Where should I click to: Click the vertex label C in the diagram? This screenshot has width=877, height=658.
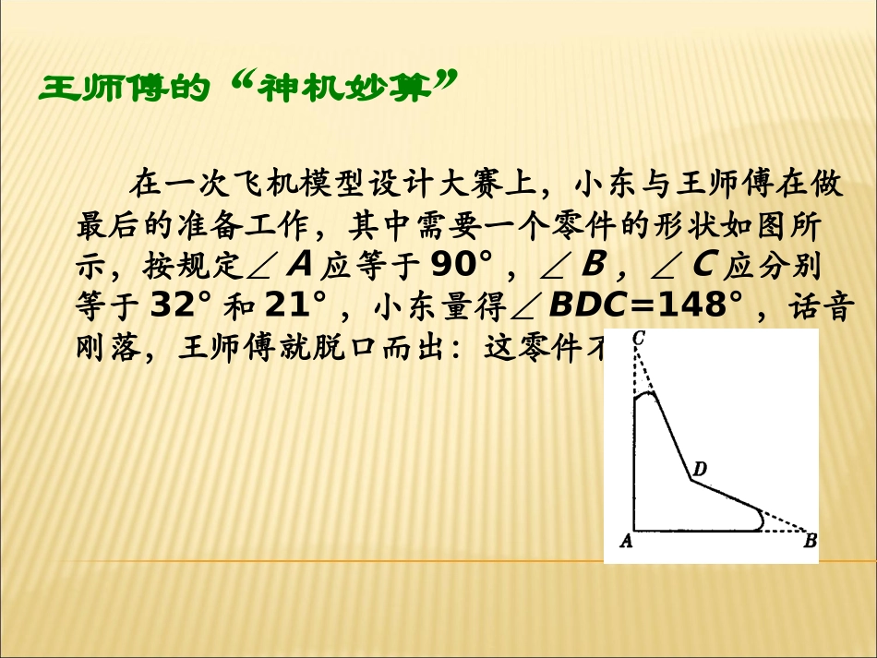click(x=638, y=340)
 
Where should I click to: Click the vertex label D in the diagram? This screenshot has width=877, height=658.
click(x=700, y=470)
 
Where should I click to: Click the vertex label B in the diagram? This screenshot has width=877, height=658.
click(x=810, y=542)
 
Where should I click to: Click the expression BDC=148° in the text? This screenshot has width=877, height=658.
click(x=645, y=305)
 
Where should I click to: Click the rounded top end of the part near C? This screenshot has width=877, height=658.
click(x=646, y=395)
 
